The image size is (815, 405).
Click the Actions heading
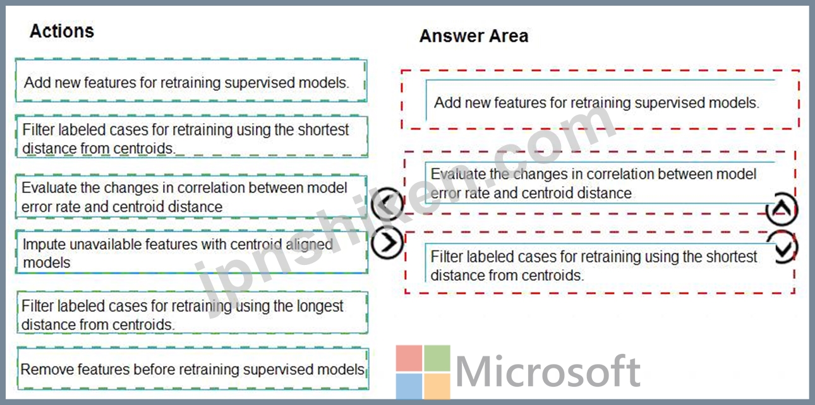pos(62,31)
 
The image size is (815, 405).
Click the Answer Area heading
pos(474,36)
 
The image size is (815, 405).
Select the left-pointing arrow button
pos(387,204)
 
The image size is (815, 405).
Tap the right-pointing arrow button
pos(387,242)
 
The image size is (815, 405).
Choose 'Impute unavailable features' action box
pos(191,252)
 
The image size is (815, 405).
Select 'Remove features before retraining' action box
pos(193,368)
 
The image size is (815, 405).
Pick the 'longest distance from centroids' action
pos(193,313)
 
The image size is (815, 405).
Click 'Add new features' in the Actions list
pos(191,81)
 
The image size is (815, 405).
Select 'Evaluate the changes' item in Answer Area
pos(600,183)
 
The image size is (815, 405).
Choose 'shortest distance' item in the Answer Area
pos(600,262)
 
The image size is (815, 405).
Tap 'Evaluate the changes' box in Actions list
pos(191,197)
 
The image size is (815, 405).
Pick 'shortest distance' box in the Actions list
pos(191,137)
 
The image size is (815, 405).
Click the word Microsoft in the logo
pos(548,372)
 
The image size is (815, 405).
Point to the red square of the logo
pos(409,358)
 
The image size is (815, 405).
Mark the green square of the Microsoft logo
pos(437,358)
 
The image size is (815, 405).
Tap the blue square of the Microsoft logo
pos(409,386)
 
